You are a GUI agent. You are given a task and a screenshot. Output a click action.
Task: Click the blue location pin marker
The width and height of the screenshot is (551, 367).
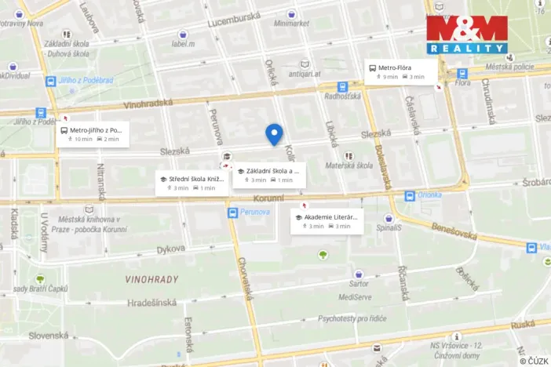[274, 133]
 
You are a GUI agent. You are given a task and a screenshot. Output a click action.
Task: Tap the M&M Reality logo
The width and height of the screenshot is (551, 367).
[467, 35]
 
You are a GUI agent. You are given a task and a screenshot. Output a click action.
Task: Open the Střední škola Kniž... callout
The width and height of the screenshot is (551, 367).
[192, 183]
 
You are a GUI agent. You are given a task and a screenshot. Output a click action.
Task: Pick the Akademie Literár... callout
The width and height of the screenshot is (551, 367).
[327, 220]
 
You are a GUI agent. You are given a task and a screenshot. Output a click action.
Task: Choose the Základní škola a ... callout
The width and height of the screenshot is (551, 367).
[269, 175]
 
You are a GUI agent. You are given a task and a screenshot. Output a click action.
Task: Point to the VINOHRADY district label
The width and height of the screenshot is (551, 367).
[151, 279]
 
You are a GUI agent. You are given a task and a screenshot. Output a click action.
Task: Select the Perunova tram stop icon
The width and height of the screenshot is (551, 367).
[233, 213]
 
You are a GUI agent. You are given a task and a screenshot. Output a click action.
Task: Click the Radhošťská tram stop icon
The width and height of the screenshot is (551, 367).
[342, 88]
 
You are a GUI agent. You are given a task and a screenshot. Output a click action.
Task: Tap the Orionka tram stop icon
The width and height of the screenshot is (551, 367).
[409, 196]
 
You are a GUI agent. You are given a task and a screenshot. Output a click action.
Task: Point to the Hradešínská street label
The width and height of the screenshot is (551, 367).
[151, 303]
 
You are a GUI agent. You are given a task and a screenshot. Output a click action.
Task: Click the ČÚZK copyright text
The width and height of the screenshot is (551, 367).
[534, 360]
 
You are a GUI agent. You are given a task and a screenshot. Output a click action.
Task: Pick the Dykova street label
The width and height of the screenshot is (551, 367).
[170, 249]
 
